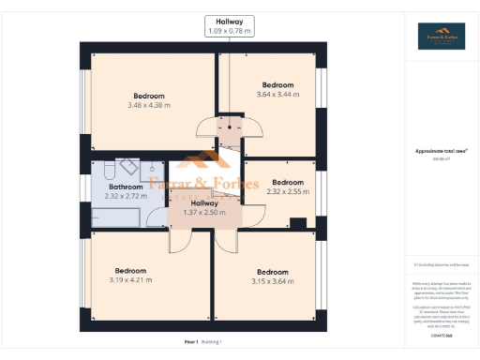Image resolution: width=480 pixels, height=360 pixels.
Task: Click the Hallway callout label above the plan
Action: click(230, 25)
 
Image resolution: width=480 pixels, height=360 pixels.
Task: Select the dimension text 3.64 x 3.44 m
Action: click(277, 95)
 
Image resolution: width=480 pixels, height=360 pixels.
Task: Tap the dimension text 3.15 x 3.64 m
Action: click(273, 279)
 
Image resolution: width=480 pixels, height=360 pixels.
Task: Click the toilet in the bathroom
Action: click(106, 170)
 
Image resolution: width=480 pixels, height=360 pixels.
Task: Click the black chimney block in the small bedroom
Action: click(298, 223)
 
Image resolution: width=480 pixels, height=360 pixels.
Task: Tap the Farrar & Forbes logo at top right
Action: click(440, 36)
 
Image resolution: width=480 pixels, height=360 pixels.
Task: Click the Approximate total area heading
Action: click(440, 151)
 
